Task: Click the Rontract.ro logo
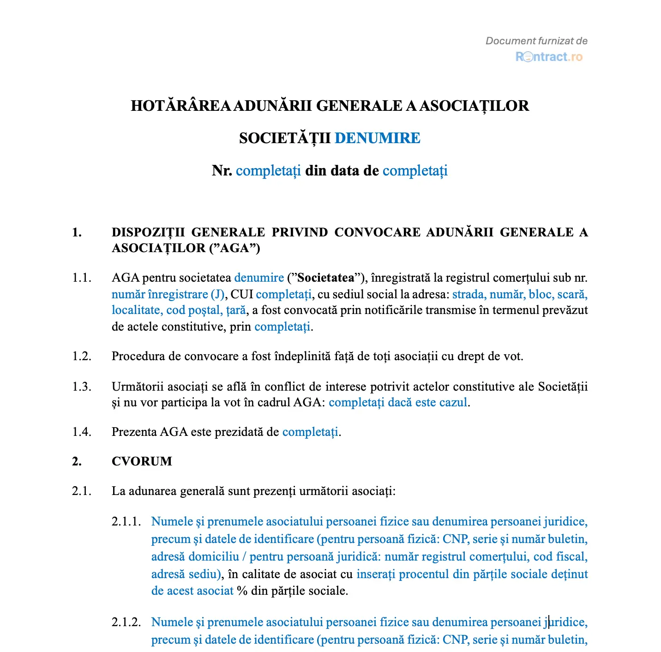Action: tap(549, 57)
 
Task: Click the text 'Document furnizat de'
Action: tap(536, 41)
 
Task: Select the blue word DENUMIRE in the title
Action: tap(377, 138)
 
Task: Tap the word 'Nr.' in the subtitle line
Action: tap(222, 171)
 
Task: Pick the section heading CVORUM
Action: tap(142, 461)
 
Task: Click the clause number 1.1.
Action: tap(81, 278)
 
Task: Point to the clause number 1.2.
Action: tap(81, 356)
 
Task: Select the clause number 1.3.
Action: tap(81, 386)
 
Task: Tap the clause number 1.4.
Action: tap(81, 432)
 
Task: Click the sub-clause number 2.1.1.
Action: tap(126, 522)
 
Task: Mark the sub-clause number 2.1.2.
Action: tap(126, 622)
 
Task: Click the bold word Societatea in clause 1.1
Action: tap(326, 278)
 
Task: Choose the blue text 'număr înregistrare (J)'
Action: tap(168, 295)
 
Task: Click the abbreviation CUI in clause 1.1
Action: tap(242, 295)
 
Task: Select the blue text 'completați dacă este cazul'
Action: tap(398, 403)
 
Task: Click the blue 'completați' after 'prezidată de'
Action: tap(310, 432)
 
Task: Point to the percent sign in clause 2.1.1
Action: tap(242, 591)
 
